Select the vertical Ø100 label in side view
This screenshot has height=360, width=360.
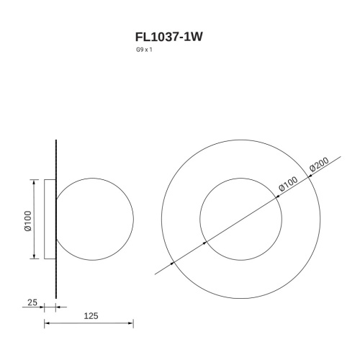(27, 219)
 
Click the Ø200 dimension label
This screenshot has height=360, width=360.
(319, 168)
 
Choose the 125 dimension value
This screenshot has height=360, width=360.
(91, 316)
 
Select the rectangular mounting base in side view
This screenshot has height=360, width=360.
(50, 219)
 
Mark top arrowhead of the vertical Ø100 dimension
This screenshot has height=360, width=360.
(34, 181)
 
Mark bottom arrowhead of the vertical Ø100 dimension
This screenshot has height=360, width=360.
(34, 257)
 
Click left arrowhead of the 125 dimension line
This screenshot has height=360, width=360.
(47, 324)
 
